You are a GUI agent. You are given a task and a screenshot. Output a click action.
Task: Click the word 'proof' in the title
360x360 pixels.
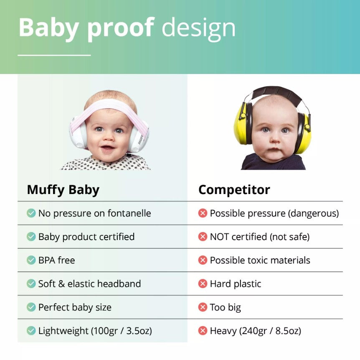pos(119,28)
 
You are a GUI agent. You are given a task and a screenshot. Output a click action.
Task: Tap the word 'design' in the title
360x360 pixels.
pos(198,28)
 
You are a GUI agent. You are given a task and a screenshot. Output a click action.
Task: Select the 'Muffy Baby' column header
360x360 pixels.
pos(63,190)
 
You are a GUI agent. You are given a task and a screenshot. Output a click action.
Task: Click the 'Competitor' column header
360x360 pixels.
pos(234,190)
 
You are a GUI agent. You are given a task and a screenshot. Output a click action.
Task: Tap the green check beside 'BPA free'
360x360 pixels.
pos(31,260)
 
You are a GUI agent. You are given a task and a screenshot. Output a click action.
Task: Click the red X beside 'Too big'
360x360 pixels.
pos(203,307)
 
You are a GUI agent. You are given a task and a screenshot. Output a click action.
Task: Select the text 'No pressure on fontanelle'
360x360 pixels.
pos(94,213)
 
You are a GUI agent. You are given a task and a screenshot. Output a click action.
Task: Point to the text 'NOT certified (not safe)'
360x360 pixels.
pos(259,237)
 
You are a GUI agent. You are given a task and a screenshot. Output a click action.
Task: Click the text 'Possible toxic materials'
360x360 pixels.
pos(260,260)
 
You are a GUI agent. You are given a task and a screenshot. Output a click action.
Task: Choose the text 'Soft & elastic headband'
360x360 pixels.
pos(89,283)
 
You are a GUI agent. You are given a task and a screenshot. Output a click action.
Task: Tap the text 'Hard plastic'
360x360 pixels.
pos(235,284)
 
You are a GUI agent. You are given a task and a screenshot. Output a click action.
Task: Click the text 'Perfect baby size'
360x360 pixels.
pos(75,307)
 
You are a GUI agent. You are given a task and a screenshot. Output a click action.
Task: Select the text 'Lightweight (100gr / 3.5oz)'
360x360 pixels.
pos(95,331)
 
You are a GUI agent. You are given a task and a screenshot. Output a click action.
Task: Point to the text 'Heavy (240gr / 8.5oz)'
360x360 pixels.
pos(255,331)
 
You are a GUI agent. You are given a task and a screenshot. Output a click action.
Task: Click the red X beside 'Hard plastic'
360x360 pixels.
pos(203,284)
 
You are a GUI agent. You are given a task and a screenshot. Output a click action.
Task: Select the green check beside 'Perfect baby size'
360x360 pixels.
pos(31,307)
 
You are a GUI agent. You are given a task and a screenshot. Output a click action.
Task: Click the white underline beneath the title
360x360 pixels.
pos(54,55)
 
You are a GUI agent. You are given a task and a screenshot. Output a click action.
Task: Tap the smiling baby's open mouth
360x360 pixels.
pos(107,148)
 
